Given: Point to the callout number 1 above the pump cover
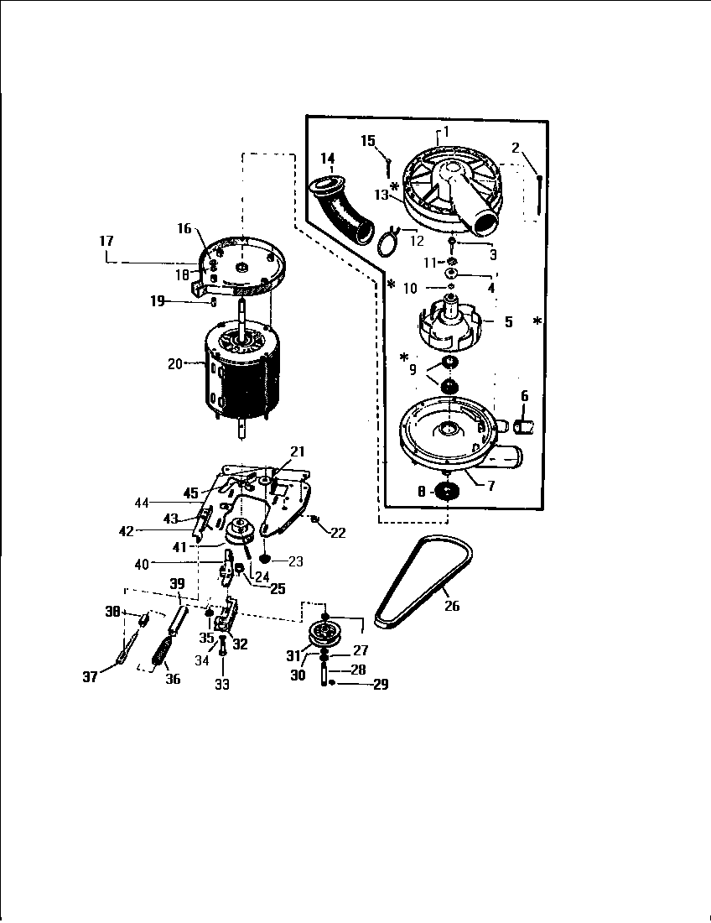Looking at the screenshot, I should pos(446,131).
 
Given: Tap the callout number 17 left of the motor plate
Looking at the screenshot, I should pos(106,241).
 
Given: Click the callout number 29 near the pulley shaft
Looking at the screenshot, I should pos(380,685).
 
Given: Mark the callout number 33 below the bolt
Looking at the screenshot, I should pos(221,684).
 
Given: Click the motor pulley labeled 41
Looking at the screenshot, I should pos(240,532).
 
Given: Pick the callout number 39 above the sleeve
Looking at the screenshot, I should pos(177,584).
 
